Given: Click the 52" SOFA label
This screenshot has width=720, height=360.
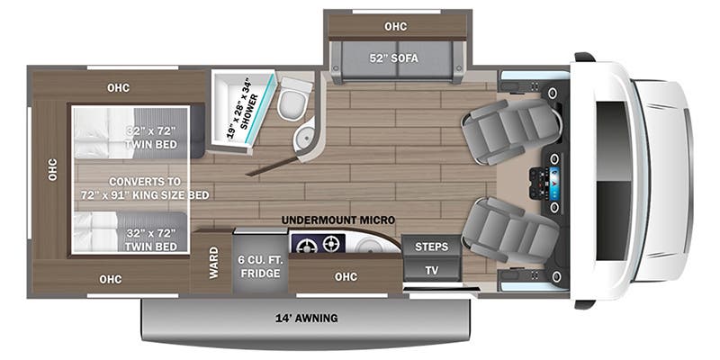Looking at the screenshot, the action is [x=395, y=58].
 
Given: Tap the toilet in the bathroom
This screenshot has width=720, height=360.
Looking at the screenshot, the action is [x=293, y=99].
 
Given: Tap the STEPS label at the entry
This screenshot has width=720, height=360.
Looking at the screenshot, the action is [x=432, y=247].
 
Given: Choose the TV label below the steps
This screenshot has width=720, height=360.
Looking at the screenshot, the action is [x=432, y=271].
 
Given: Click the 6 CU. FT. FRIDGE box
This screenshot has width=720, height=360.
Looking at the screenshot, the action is [x=259, y=266].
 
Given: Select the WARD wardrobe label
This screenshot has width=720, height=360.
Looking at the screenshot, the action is [x=214, y=262].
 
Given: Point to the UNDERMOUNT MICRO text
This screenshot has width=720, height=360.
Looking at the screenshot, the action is [x=338, y=220].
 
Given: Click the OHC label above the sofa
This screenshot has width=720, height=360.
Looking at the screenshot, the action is [x=396, y=27].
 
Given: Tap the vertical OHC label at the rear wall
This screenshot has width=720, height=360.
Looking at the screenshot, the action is [x=52, y=169].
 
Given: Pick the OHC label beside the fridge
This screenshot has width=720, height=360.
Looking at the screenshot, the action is [x=346, y=276].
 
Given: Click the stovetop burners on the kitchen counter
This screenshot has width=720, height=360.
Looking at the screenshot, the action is [x=318, y=244].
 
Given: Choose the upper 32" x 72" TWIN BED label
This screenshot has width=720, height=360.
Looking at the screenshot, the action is [x=150, y=139].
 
